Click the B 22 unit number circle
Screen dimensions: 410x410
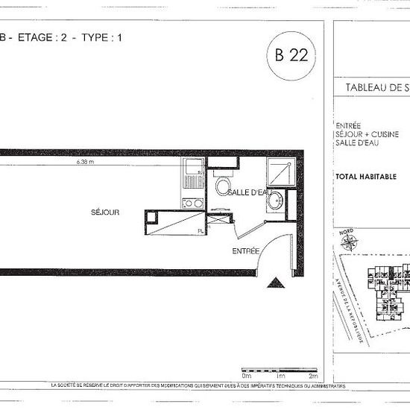(291, 54)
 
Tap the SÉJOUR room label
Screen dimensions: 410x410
(105, 212)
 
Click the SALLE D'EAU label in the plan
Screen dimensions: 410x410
(247, 192)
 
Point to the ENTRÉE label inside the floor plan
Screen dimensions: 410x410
(245, 250)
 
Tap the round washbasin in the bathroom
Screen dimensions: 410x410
(277, 200)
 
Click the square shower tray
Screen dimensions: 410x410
(280, 174)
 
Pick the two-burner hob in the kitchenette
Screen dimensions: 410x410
(192, 203)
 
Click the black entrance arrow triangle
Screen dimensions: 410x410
(275, 283)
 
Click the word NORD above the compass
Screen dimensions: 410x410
(346, 230)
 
